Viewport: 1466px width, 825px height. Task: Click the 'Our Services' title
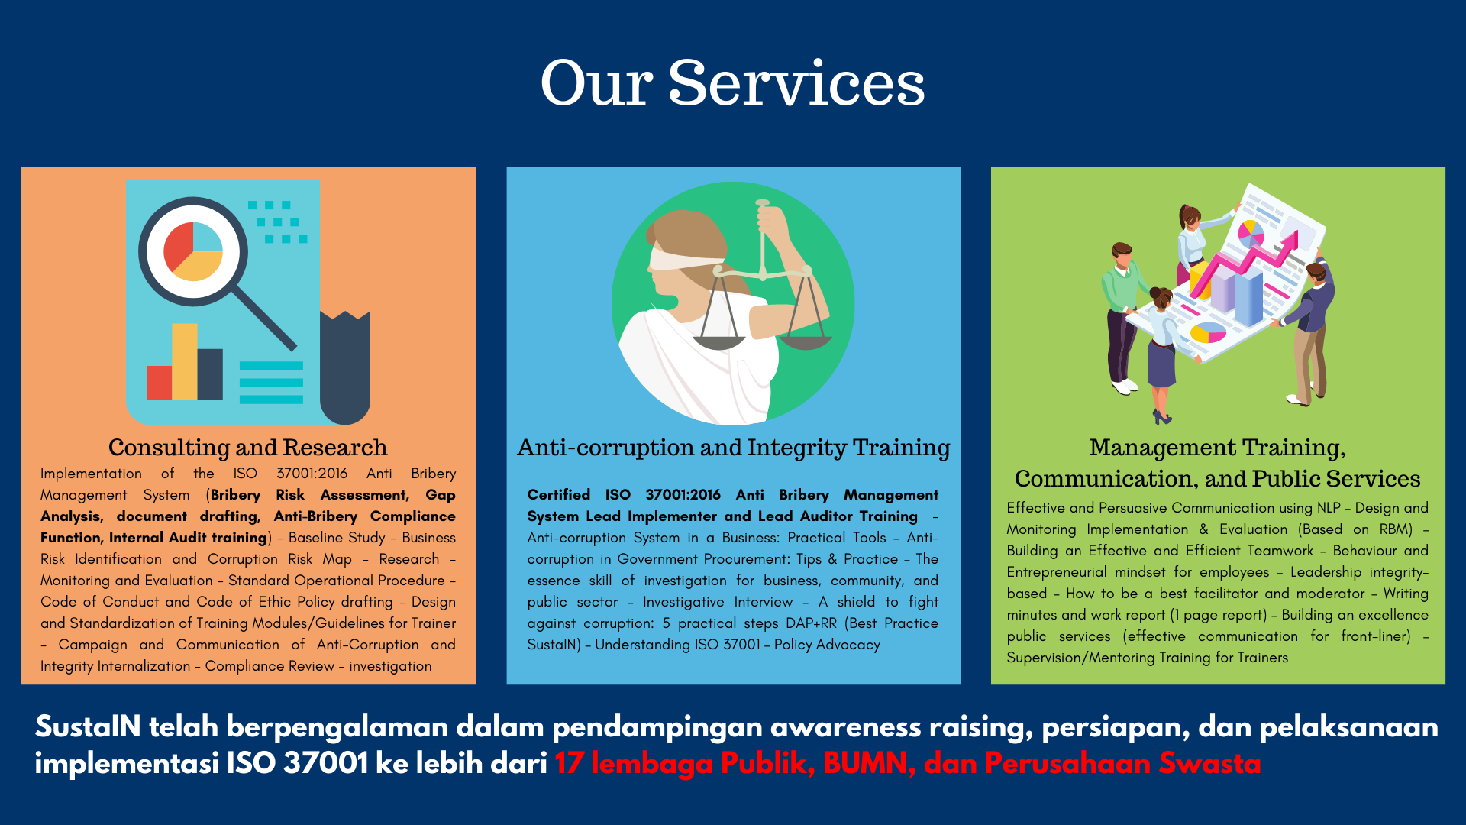pos(733,82)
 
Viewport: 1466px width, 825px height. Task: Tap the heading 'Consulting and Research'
pos(248,447)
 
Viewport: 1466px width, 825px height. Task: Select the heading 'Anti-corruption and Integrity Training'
pos(734,447)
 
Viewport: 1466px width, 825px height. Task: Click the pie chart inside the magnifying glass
pos(194,251)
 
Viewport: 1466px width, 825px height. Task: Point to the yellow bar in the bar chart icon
pos(185,361)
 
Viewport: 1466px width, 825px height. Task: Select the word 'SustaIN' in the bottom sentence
pos(88,726)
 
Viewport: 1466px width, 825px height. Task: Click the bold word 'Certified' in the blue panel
pos(559,495)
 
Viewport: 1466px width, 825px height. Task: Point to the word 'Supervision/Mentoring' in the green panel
pos(1080,658)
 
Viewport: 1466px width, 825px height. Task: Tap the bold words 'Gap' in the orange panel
pos(441,495)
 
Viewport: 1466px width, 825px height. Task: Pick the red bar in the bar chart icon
pos(160,383)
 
